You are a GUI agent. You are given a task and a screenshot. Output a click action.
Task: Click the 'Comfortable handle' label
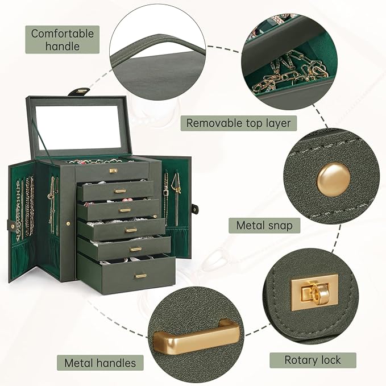(x=63, y=40)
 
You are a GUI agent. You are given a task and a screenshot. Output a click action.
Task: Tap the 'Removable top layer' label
(x=238, y=123)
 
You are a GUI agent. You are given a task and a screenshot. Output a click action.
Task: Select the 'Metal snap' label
(x=264, y=225)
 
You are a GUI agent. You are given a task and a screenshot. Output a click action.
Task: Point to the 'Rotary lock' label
(x=313, y=360)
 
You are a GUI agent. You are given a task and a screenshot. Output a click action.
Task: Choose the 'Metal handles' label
(x=100, y=363)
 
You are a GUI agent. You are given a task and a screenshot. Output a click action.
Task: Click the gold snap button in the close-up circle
(x=333, y=180)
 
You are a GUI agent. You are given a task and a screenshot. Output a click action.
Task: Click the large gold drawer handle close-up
(x=196, y=333)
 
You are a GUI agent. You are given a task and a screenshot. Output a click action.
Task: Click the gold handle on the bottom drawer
(x=141, y=276)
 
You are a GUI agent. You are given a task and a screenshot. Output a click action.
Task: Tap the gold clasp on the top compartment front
(x=113, y=171)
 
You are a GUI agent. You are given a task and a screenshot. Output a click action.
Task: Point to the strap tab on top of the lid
(x=79, y=92)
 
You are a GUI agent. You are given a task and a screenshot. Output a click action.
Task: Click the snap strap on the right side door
(x=195, y=209)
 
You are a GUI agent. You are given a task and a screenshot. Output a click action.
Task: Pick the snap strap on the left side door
(x=12, y=225)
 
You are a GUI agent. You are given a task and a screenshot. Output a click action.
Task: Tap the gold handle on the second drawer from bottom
(x=136, y=249)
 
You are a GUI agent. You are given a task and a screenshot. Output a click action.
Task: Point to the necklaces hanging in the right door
(x=172, y=197)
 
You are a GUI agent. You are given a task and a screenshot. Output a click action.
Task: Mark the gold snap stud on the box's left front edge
(x=68, y=224)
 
